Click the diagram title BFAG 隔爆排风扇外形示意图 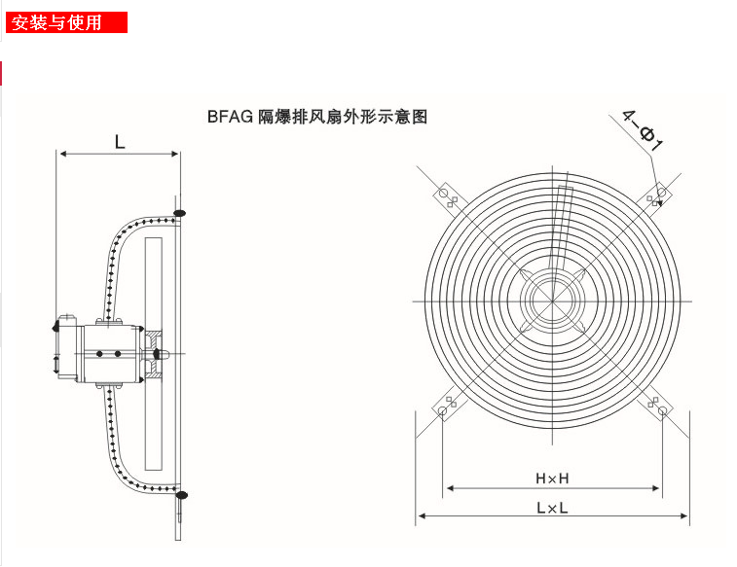pos(316,116)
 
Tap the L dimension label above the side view pos(120,142)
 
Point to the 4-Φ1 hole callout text pos(643,131)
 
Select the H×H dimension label pos(552,478)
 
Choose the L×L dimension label pos(552,507)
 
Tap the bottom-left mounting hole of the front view pos(444,411)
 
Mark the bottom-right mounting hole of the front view pos(661,411)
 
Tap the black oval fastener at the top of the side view pos(179,211)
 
